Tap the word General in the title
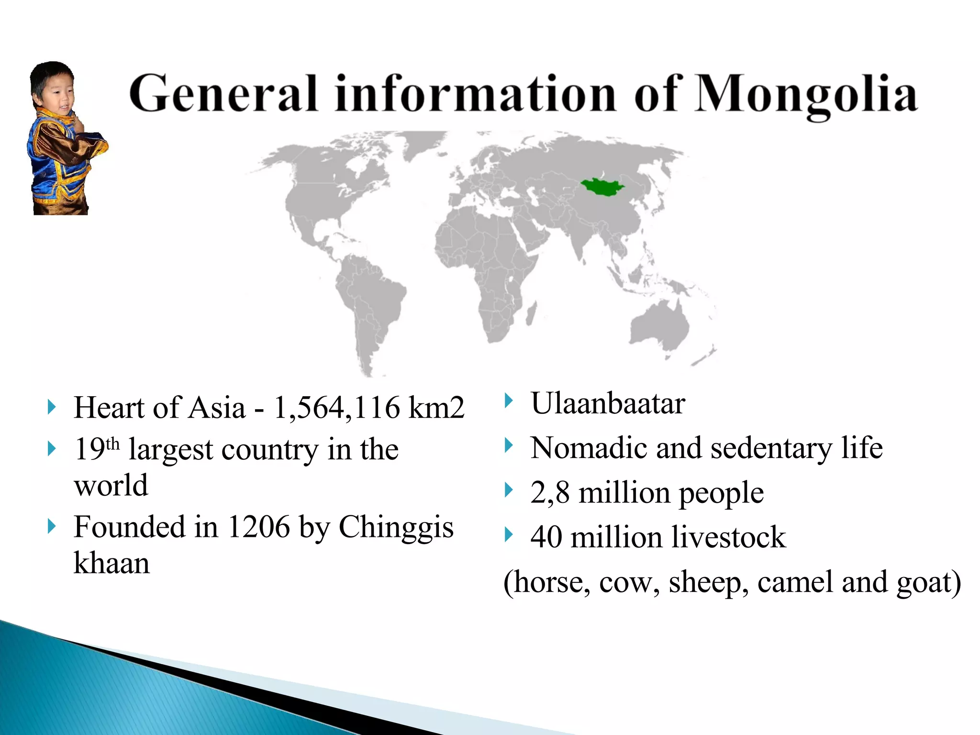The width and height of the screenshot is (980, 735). (223, 93)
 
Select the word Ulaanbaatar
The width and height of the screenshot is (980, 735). (608, 403)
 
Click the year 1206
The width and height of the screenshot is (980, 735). (258, 527)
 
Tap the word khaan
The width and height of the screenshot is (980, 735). (111, 563)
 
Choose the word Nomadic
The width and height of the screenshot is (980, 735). (588, 448)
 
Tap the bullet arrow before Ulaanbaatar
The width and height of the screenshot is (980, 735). (509, 401)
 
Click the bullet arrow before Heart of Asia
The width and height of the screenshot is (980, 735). (52, 407)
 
